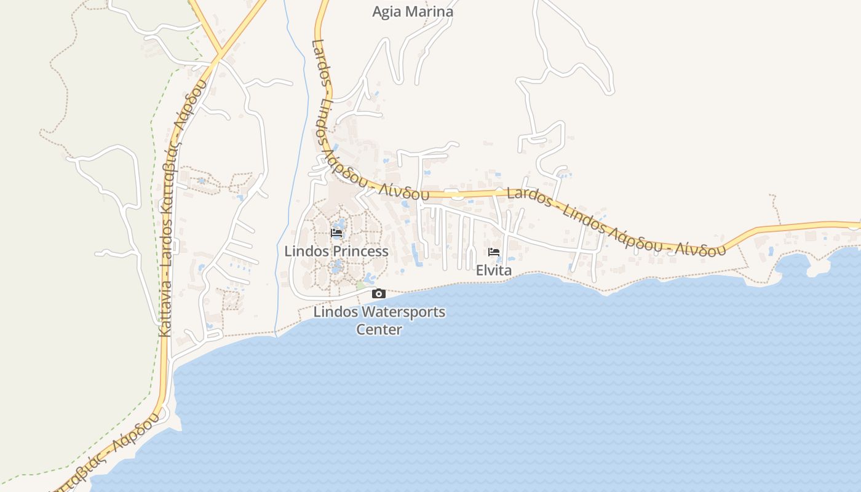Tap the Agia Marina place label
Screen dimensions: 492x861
click(413, 12)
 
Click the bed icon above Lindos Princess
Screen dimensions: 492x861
click(336, 233)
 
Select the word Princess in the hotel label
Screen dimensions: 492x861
click(360, 252)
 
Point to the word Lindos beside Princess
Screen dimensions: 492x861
click(307, 252)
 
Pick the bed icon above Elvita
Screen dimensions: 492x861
click(493, 252)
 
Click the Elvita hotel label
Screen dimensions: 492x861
click(493, 271)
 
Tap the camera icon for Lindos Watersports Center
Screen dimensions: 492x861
click(379, 294)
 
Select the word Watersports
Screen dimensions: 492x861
click(403, 312)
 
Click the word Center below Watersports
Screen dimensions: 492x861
click(379, 330)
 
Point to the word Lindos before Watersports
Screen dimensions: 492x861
click(336, 312)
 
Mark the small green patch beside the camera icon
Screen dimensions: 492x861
click(360, 286)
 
